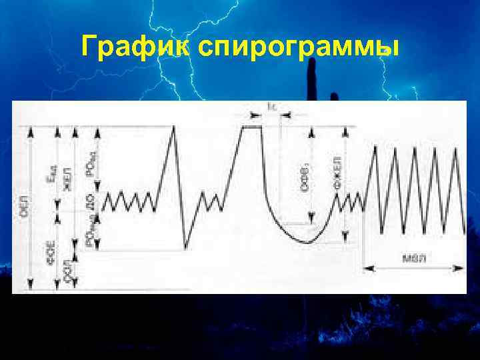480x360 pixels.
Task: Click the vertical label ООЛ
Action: pyautogui.click(x=67, y=271)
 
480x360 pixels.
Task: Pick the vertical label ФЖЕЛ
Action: pyautogui.click(x=339, y=175)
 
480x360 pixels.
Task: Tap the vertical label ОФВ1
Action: pyautogui.click(x=305, y=179)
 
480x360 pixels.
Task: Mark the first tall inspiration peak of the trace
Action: pyautogui.click(x=175, y=126)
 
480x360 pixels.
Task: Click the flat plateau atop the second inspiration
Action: pyautogui.click(x=251, y=125)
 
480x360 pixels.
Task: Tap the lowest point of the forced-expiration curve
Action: pyautogui.click(x=308, y=243)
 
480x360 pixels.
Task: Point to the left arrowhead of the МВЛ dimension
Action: pyautogui.click(x=366, y=269)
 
